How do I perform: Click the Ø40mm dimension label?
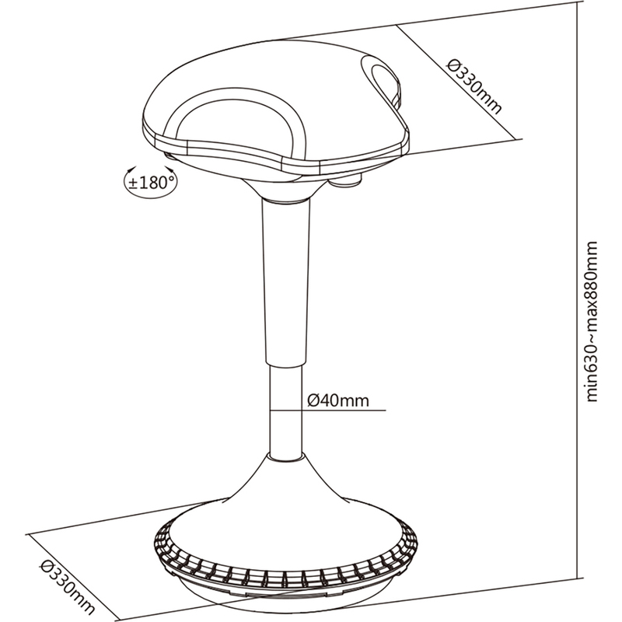[338, 400]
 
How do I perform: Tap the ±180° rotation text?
[151, 183]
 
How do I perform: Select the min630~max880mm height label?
[592, 321]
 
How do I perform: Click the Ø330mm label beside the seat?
[473, 86]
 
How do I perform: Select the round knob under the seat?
[346, 181]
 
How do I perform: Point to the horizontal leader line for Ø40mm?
[327, 411]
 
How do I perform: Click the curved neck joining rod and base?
[285, 476]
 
